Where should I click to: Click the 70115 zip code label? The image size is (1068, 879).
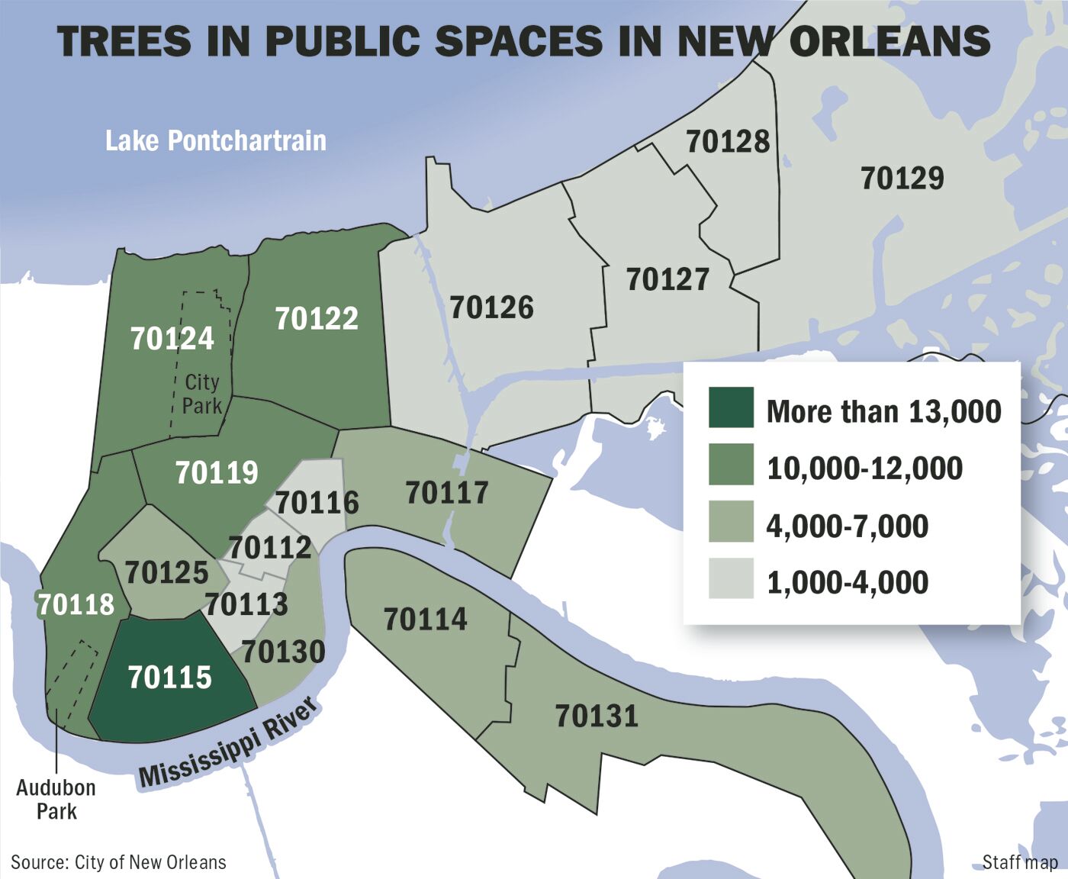pyautogui.click(x=169, y=677)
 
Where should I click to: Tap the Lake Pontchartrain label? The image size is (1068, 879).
pyautogui.click(x=216, y=140)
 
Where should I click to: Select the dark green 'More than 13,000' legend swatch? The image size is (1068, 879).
pyautogui.click(x=731, y=408)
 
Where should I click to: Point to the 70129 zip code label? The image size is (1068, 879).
pyautogui.click(x=902, y=179)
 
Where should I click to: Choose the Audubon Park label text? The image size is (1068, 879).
pyautogui.click(x=56, y=799)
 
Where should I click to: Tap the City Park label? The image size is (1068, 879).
pyautogui.click(x=201, y=394)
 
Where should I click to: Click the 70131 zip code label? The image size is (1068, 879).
pyautogui.click(x=597, y=716)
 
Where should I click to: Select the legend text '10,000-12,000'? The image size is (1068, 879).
pyautogui.click(x=864, y=468)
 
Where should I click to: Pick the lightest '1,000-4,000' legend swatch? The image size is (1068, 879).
pyautogui.click(x=731, y=578)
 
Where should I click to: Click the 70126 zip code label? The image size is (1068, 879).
pyautogui.click(x=491, y=307)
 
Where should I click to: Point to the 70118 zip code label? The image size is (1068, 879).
pyautogui.click(x=76, y=604)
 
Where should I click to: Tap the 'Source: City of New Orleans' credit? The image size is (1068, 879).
pyautogui.click(x=119, y=862)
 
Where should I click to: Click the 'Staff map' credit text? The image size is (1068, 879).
pyautogui.click(x=1020, y=862)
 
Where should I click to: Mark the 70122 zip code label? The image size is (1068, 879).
pyautogui.click(x=317, y=318)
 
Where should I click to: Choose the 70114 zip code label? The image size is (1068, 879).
pyautogui.click(x=425, y=619)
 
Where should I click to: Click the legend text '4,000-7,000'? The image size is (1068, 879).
pyautogui.click(x=847, y=526)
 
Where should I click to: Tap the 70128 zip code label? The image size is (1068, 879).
pyautogui.click(x=728, y=141)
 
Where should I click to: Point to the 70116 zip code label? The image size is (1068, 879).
pyautogui.click(x=317, y=503)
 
